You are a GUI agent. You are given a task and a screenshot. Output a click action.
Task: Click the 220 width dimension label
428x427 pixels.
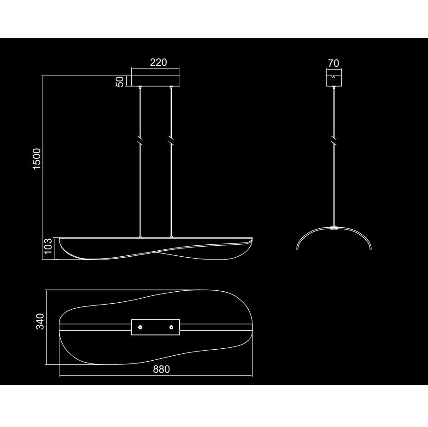click(158, 63)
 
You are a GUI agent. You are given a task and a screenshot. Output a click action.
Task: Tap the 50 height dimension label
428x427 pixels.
click(120, 81)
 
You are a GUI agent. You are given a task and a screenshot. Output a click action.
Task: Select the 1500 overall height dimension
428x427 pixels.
click(36, 159)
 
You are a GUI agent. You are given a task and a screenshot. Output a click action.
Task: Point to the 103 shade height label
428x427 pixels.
click(48, 246)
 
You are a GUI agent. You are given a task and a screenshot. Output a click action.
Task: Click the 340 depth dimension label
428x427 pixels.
click(40, 322)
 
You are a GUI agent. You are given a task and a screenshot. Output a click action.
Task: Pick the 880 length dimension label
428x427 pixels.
click(161, 369)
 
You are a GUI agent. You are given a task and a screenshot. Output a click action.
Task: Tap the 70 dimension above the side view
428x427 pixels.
click(334, 63)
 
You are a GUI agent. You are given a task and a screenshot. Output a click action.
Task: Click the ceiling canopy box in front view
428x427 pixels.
click(156, 81)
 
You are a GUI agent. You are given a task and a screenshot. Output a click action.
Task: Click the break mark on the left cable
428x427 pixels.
click(140, 140)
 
